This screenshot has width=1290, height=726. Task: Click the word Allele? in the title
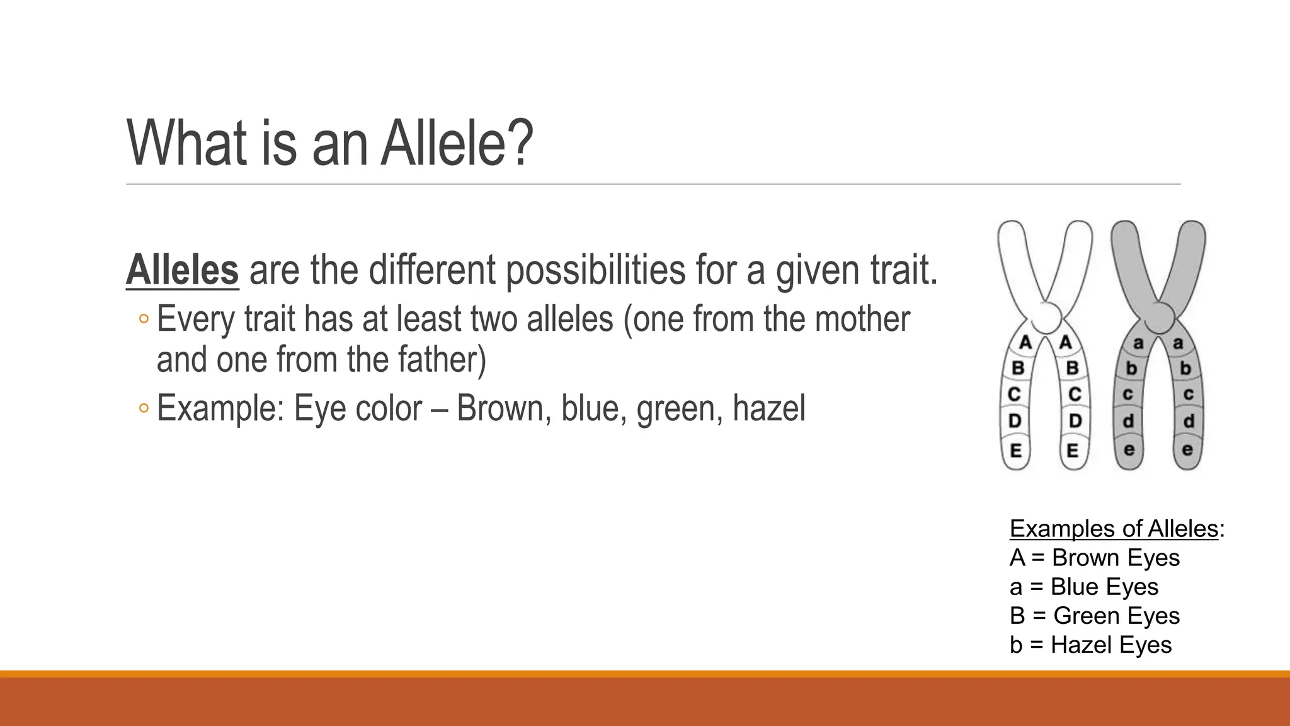tap(457, 144)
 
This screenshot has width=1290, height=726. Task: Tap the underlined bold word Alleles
tap(182, 270)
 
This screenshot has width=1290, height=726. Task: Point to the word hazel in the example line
tap(768, 408)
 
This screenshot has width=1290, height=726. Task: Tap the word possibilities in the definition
tap(595, 271)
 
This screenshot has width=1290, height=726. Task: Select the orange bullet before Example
tap(144, 409)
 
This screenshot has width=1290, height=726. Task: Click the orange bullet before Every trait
tap(144, 320)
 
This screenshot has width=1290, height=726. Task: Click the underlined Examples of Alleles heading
tap(1114, 529)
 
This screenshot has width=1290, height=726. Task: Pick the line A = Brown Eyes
tap(1094, 558)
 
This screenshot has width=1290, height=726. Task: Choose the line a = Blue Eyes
tap(1083, 587)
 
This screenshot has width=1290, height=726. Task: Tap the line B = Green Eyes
tap(1094, 616)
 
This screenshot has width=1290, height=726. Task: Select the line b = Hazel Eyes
tap(1090, 645)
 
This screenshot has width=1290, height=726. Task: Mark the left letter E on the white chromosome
tap(1016, 451)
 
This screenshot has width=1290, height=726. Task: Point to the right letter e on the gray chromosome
tap(1187, 450)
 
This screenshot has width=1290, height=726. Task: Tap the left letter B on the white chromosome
tap(1018, 368)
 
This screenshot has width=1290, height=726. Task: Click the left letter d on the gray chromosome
tap(1129, 421)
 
